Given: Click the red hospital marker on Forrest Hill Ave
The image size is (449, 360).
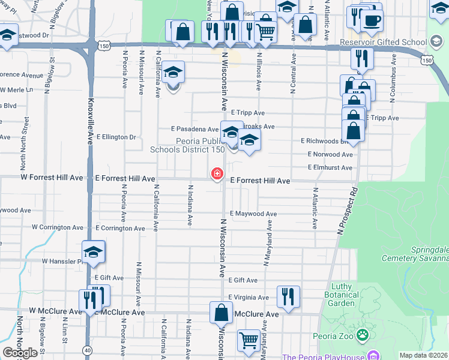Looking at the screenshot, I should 217,174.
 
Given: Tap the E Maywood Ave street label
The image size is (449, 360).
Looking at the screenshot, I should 253,214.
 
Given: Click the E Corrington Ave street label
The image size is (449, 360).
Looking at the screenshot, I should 120,228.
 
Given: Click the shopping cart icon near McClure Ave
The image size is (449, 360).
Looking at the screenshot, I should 249,340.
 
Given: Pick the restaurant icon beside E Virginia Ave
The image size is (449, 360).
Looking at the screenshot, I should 288,296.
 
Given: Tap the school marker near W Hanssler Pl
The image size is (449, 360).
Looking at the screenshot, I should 94,252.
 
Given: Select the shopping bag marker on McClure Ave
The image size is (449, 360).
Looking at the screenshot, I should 221,313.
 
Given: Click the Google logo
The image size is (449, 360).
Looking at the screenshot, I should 20,353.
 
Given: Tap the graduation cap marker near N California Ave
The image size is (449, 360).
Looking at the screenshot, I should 173,73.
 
